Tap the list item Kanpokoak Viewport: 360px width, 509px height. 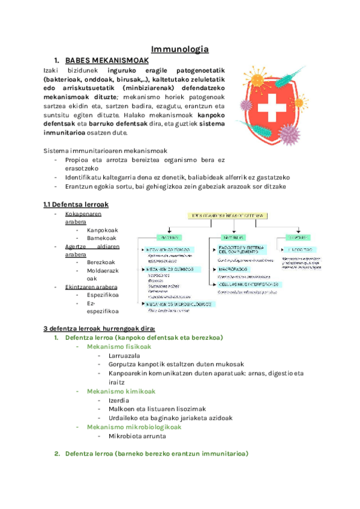click(x=102, y=230)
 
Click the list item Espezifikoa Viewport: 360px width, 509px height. click(x=103, y=295)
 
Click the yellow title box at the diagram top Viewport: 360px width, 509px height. click(x=229, y=215)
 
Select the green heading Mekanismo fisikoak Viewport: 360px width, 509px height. click(x=119, y=346)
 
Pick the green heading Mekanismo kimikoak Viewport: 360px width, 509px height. click(x=120, y=391)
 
